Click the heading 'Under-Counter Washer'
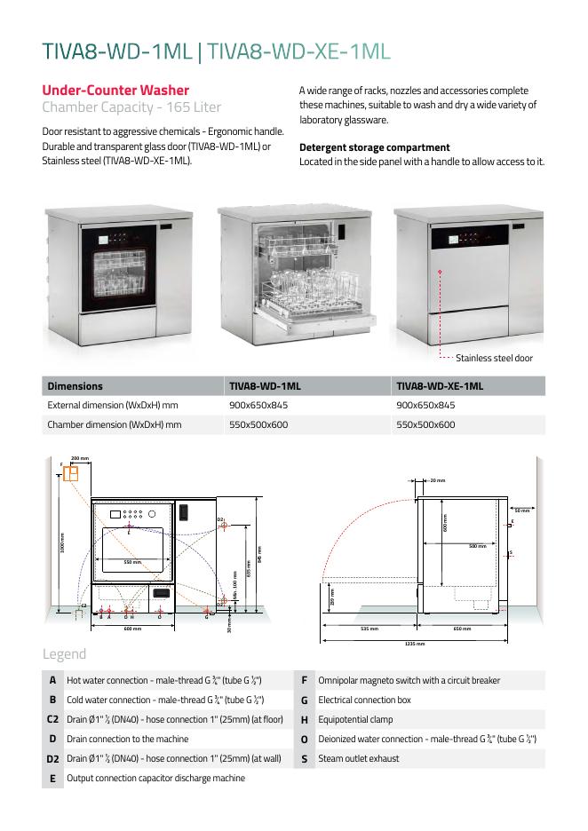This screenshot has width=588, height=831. [x=115, y=91]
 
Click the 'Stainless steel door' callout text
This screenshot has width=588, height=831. [x=494, y=358]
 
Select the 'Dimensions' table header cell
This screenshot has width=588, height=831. [x=75, y=386]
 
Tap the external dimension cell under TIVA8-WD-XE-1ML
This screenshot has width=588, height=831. [x=425, y=405]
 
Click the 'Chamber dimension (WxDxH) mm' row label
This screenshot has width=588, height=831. [x=114, y=424]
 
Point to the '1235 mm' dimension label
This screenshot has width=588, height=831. [x=415, y=643]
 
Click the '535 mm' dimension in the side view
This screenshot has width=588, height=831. [x=369, y=629]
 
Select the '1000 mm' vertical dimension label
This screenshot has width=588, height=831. [x=62, y=542]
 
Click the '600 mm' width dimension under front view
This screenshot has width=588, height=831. [x=132, y=629]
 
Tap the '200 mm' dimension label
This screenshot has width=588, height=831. [x=80, y=458]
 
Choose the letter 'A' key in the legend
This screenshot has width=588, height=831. [x=53, y=680]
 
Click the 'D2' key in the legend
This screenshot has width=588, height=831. [x=52, y=758]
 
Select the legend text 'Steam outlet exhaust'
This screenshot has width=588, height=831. [x=359, y=758]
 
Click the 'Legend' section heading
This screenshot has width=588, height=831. [x=65, y=654]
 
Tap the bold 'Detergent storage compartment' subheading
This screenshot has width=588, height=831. [x=374, y=146]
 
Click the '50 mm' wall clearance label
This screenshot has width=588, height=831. [x=522, y=510]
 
